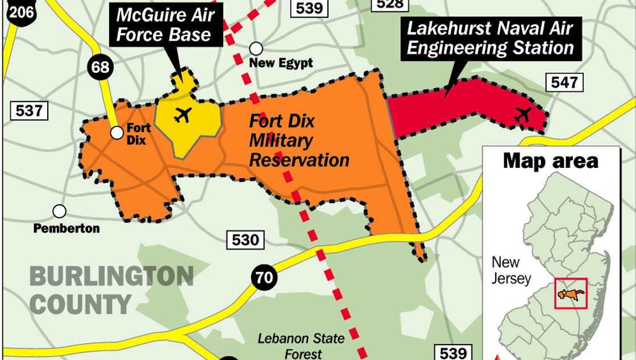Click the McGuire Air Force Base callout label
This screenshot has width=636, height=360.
click(164, 24)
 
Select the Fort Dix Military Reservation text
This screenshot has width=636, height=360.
click(299, 140)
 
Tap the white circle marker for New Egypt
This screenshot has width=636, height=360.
click(256, 48)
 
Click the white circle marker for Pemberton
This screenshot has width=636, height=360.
click(59, 212)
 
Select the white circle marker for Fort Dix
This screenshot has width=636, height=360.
click(117, 133)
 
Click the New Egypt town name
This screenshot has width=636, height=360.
click(281, 63)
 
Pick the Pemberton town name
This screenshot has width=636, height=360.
click(66, 229)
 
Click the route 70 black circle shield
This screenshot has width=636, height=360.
click(263, 279)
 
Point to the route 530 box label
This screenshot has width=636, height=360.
click(246, 239)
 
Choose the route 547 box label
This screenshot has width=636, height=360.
click(565, 82)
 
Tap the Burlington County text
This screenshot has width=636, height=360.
click(111, 290)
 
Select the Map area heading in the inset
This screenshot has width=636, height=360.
click(550, 161)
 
